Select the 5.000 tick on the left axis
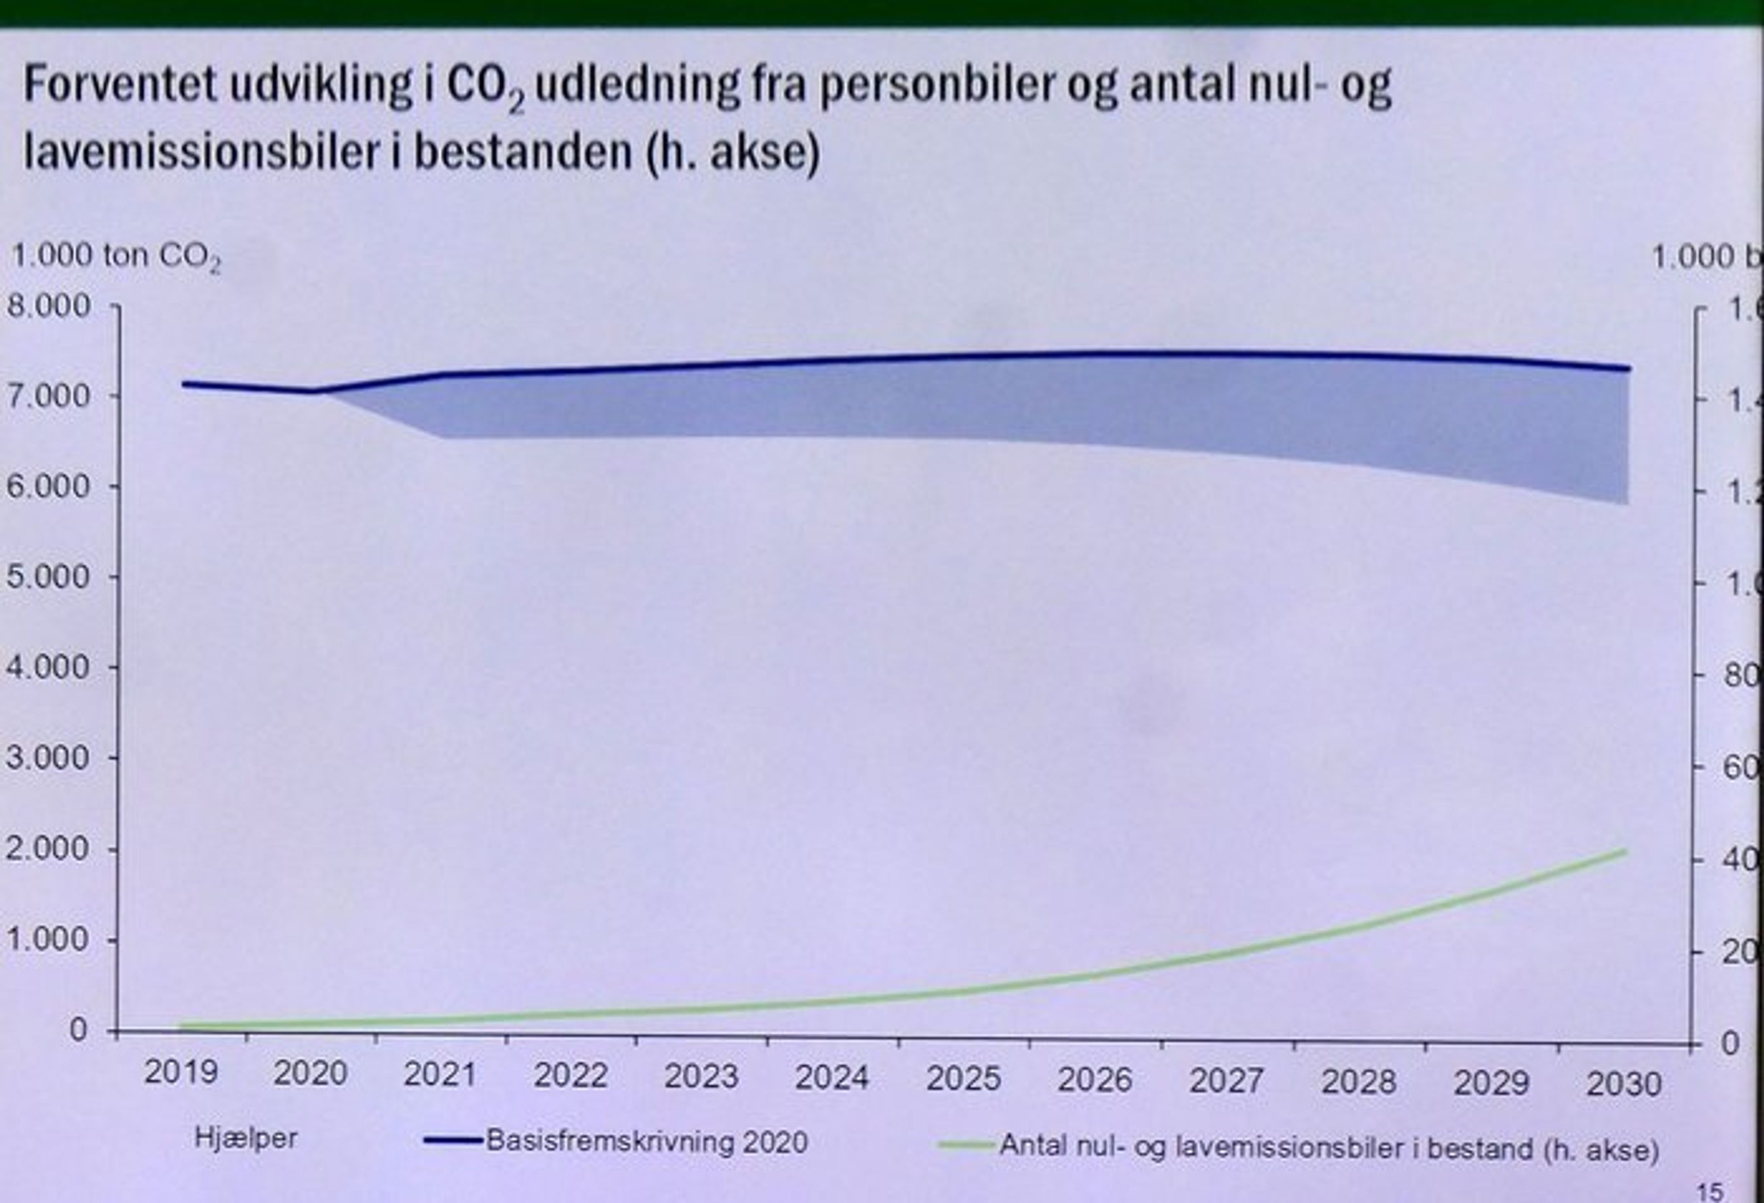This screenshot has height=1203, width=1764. tap(48, 577)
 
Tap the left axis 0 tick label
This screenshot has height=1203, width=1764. tap(78, 1031)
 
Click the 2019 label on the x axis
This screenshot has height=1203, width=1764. tap(181, 1073)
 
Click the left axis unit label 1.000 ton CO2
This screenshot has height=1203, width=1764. tap(115, 257)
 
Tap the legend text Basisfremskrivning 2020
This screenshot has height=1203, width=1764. tap(646, 1141)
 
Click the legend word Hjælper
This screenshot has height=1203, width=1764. tap(246, 1138)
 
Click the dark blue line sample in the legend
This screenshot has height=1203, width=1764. tap(453, 1141)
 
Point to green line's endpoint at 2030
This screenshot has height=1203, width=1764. tap(1625, 851)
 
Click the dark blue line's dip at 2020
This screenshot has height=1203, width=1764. tap(313, 391)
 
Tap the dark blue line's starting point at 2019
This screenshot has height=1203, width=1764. tap(184, 384)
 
